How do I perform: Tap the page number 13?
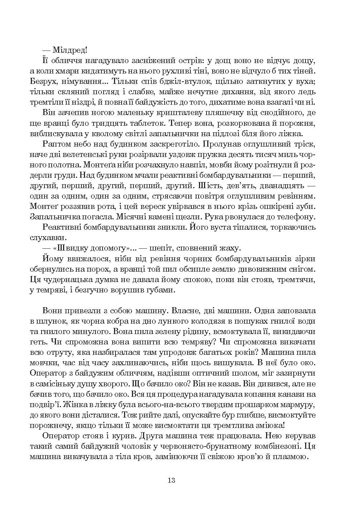pos(171,480)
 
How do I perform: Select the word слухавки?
pos(44,237)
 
